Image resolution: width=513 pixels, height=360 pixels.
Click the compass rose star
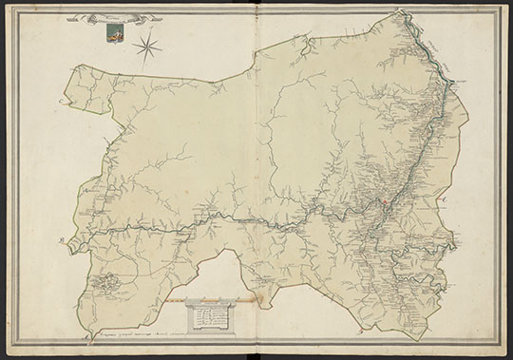pyautogui.click(x=147, y=43)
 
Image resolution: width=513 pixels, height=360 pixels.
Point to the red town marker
pyautogui.click(x=384, y=202)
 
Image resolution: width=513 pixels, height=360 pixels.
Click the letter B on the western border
pyautogui.click(x=60, y=240)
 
